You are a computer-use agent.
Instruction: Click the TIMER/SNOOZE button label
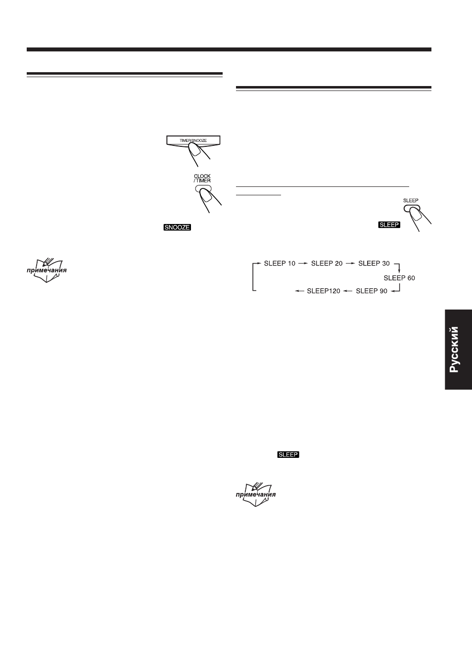(193, 140)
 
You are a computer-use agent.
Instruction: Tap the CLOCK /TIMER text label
(202, 179)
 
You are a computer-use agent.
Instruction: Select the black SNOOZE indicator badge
(177, 227)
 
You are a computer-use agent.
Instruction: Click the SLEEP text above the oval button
(411, 200)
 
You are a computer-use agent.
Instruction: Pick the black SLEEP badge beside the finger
(389, 224)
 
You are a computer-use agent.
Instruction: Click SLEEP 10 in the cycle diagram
(280, 264)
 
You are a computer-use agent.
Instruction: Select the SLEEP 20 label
(327, 264)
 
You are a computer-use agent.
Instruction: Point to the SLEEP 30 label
(374, 264)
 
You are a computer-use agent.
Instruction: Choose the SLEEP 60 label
(399, 278)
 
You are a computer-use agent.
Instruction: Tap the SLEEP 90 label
(372, 291)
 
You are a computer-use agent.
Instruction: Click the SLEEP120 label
(324, 291)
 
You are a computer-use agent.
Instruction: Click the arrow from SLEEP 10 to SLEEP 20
(303, 264)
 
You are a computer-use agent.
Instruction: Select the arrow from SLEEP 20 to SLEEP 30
(350, 264)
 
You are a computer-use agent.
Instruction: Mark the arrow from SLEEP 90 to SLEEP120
(348, 291)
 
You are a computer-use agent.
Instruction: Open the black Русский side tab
(458, 350)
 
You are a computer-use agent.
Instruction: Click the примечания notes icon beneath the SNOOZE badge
(47, 270)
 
